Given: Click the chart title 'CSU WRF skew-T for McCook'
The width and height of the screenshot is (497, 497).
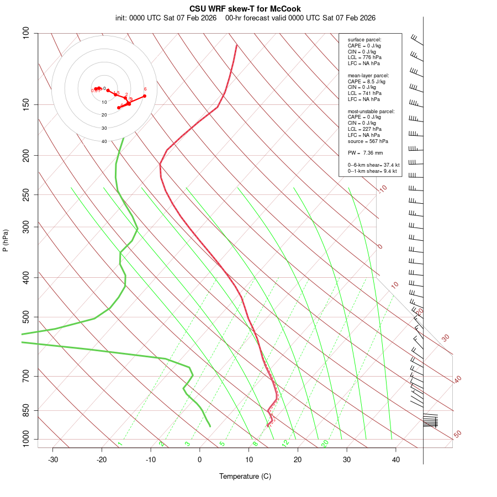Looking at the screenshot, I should [245, 9].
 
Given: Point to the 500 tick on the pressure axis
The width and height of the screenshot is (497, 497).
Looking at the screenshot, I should [26, 317].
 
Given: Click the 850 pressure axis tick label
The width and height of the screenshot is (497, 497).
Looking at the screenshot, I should [26, 410].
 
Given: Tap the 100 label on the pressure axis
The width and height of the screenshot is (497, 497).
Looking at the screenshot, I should [26, 33].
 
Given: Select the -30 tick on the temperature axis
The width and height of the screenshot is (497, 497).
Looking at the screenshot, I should [53, 459].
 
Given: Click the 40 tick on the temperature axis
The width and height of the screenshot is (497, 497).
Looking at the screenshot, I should [396, 459].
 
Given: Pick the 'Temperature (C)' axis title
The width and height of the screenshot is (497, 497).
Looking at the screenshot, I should [245, 476].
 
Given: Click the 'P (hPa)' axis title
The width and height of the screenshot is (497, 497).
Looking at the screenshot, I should [6, 240].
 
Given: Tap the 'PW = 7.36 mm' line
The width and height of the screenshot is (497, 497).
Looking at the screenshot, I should [365, 153].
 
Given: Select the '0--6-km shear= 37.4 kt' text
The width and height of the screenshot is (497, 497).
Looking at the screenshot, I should [373, 165].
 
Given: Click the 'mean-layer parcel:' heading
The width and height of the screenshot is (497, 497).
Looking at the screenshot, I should [368, 75].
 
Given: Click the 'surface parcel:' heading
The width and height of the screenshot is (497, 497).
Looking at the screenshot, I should [364, 40].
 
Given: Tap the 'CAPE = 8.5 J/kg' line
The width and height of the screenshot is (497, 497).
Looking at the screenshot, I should [366, 81].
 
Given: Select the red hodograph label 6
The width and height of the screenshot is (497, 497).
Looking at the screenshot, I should [145, 89].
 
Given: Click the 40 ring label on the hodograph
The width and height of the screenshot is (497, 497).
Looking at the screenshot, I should [104, 141].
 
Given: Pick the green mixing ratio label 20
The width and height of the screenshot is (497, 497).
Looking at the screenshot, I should [325, 443].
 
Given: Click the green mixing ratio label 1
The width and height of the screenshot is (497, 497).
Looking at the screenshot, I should [120, 443].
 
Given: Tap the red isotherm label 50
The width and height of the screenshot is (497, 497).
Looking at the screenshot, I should [457, 435].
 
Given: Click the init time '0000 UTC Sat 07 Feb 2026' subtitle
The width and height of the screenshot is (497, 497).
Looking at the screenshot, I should [166, 18].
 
